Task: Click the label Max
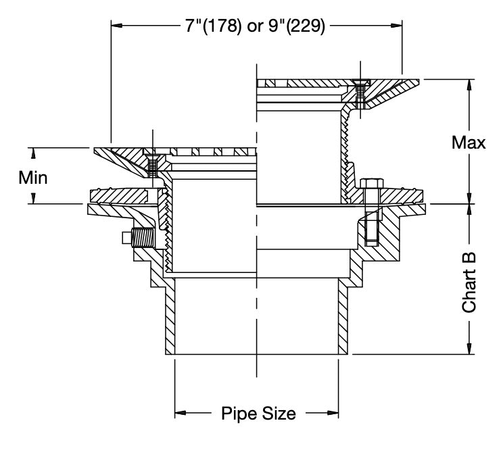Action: [x=469, y=143]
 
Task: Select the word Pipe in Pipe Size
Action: [x=237, y=413]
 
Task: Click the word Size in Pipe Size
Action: [x=277, y=413]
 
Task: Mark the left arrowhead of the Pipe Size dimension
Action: [x=181, y=411]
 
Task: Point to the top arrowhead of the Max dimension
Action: [x=469, y=84]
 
